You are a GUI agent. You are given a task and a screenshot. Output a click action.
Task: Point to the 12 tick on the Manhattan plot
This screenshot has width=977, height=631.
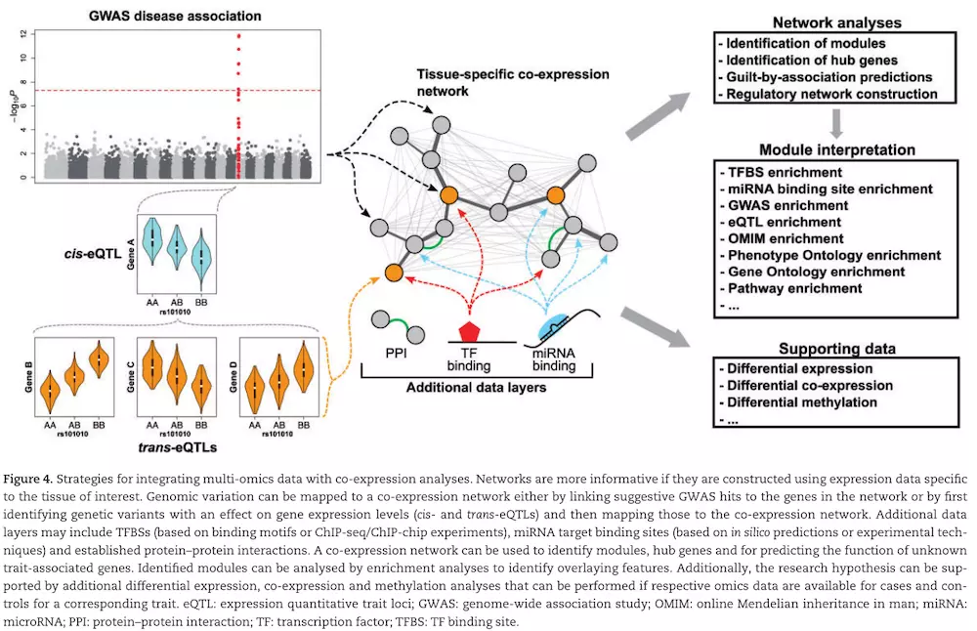[x=24, y=33]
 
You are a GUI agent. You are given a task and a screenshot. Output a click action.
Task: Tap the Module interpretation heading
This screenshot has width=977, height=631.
[x=837, y=150]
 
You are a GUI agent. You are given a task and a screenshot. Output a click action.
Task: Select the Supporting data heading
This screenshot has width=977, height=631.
[x=837, y=349]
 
